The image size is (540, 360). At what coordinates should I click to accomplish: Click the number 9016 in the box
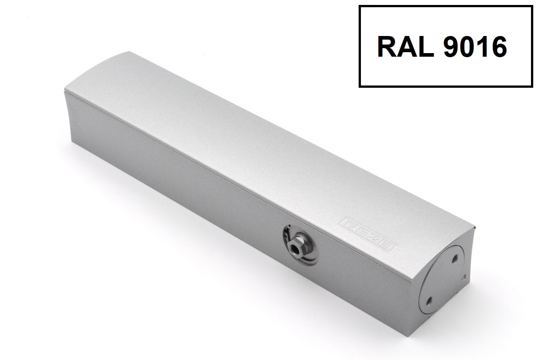[x=475, y=46]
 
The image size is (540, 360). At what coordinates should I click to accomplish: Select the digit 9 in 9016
[x=451, y=46]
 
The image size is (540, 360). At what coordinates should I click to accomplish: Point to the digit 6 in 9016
[x=499, y=46]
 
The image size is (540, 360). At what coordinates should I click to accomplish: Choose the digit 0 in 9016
[x=467, y=46]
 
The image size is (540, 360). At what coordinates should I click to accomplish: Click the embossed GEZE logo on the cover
[x=368, y=234]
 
